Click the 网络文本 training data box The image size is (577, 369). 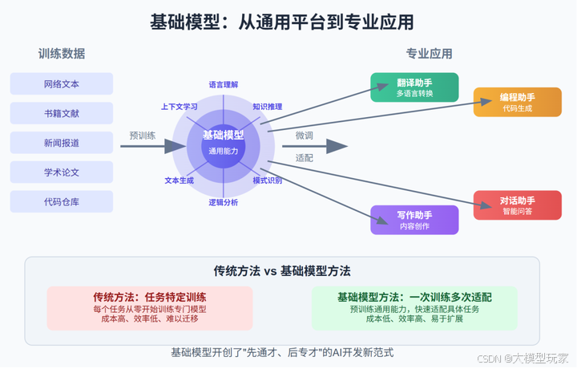[x=62, y=83]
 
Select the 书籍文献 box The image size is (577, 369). [x=62, y=113]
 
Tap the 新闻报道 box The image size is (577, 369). [x=62, y=143]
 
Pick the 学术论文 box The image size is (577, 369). [x=62, y=172]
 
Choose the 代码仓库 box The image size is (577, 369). [x=62, y=202]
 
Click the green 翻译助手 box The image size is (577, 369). [x=414, y=87]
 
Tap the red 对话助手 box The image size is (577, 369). [x=517, y=205]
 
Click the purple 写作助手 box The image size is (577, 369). [x=414, y=220]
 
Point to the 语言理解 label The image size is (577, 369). [x=224, y=83]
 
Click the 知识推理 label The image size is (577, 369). [x=268, y=106]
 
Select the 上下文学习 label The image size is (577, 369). [x=180, y=106]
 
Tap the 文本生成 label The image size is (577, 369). [x=180, y=180]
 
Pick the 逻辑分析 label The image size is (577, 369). [x=224, y=202]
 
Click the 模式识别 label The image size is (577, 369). [x=268, y=180]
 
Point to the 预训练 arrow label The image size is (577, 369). [x=143, y=135]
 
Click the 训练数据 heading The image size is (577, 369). [x=62, y=54]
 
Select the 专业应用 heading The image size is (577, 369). [x=430, y=54]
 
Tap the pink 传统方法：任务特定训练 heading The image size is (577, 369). [x=150, y=296]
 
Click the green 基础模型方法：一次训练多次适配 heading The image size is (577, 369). [x=414, y=296]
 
